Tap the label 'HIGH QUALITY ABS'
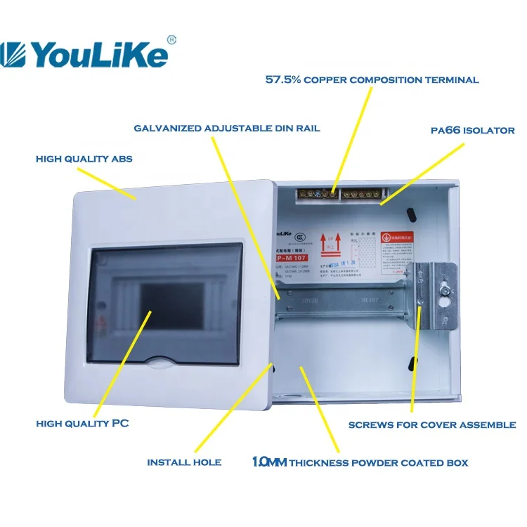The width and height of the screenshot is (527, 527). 84,160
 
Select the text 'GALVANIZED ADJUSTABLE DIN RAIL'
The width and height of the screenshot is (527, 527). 227,128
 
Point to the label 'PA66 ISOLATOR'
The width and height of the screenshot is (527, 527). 472,131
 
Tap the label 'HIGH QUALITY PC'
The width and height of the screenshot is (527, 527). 82,424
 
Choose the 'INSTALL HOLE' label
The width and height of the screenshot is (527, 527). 184,462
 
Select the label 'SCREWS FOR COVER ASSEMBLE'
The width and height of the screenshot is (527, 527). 432,425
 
